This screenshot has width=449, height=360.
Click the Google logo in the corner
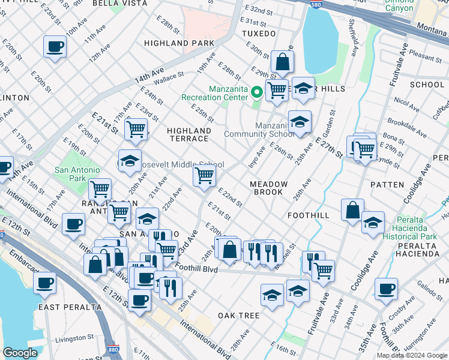pyautogui.click(x=20, y=353)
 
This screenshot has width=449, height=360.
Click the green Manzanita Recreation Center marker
pyautogui.click(x=256, y=92)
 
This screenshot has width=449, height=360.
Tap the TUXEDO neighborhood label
pyautogui.click(x=259, y=34)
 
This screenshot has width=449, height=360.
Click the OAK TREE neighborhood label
pyautogui.click(x=238, y=316)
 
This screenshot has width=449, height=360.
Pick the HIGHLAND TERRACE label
pyautogui.click(x=189, y=134)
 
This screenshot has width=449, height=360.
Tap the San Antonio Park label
pyautogui.click(x=78, y=174)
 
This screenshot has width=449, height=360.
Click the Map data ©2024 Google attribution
pyautogui.click(x=411, y=355)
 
